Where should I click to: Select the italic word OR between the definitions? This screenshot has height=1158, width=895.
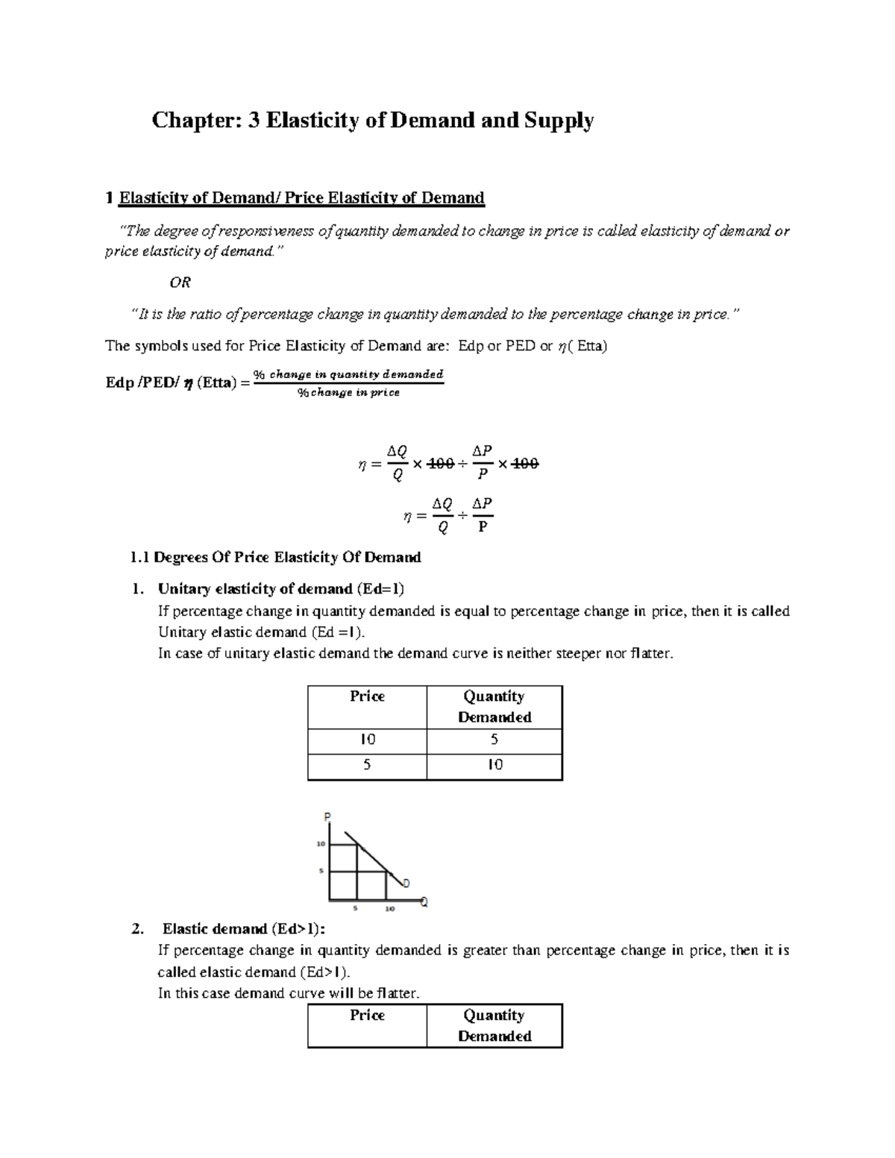[x=180, y=283]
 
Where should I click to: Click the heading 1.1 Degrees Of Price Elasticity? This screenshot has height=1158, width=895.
[x=275, y=557]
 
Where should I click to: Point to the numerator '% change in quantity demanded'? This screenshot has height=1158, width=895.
[x=348, y=374]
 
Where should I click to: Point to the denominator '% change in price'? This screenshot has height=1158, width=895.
[x=348, y=393]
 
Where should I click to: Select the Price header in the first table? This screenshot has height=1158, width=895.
[x=367, y=696]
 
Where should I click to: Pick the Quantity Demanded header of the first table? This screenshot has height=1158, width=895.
[x=494, y=706]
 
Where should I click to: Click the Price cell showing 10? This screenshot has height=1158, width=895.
[x=367, y=740]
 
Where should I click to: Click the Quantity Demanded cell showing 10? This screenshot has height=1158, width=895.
[x=494, y=765]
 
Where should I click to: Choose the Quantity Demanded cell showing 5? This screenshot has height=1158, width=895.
[x=494, y=740]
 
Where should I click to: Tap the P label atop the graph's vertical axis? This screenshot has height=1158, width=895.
[x=326, y=816]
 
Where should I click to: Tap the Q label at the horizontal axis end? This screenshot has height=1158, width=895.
[x=424, y=903]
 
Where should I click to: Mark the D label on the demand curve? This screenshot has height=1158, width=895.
[x=406, y=884]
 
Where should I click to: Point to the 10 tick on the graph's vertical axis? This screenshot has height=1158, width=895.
[x=321, y=844]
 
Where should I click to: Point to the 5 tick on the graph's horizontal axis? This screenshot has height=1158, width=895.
[x=356, y=909]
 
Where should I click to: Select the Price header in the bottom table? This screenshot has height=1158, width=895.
[x=367, y=1016]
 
